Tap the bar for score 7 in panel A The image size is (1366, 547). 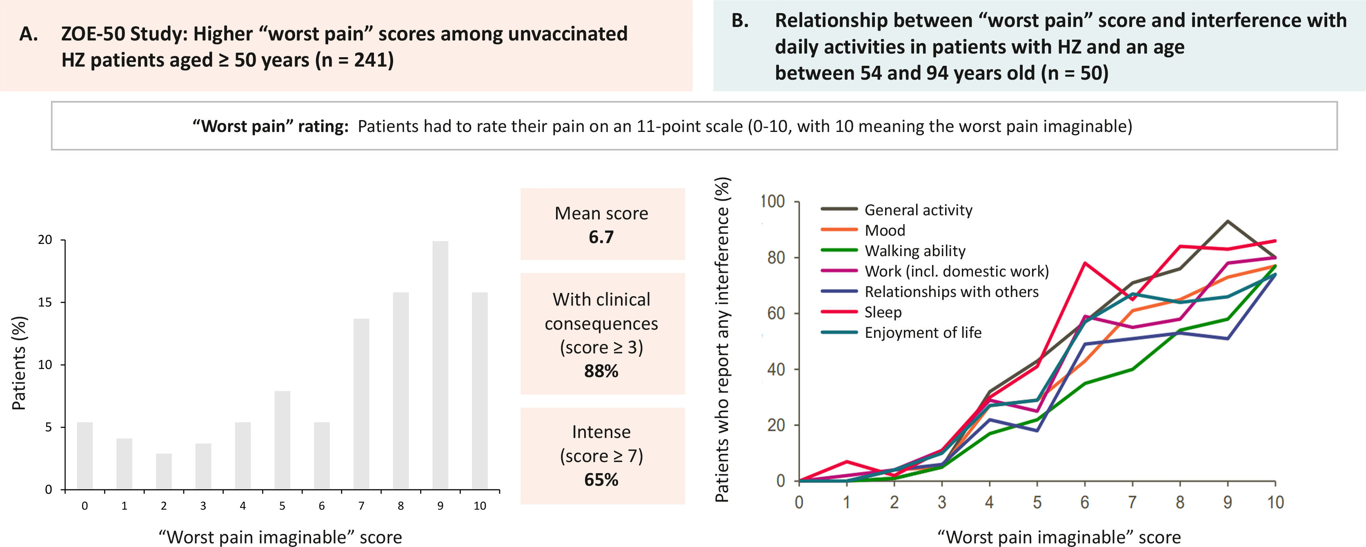361,404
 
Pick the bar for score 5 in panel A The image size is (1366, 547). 282,440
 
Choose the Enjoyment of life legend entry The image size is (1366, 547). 923,333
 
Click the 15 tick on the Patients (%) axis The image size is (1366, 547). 45,302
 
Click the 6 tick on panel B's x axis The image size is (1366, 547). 1084,502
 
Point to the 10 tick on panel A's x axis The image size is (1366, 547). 479,506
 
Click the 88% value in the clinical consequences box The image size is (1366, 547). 601,371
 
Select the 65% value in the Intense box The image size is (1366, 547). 601,480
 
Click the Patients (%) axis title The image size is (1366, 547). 19,364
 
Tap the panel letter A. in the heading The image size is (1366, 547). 29,34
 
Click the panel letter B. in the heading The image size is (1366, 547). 740,21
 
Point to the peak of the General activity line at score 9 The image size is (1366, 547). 1227,221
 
